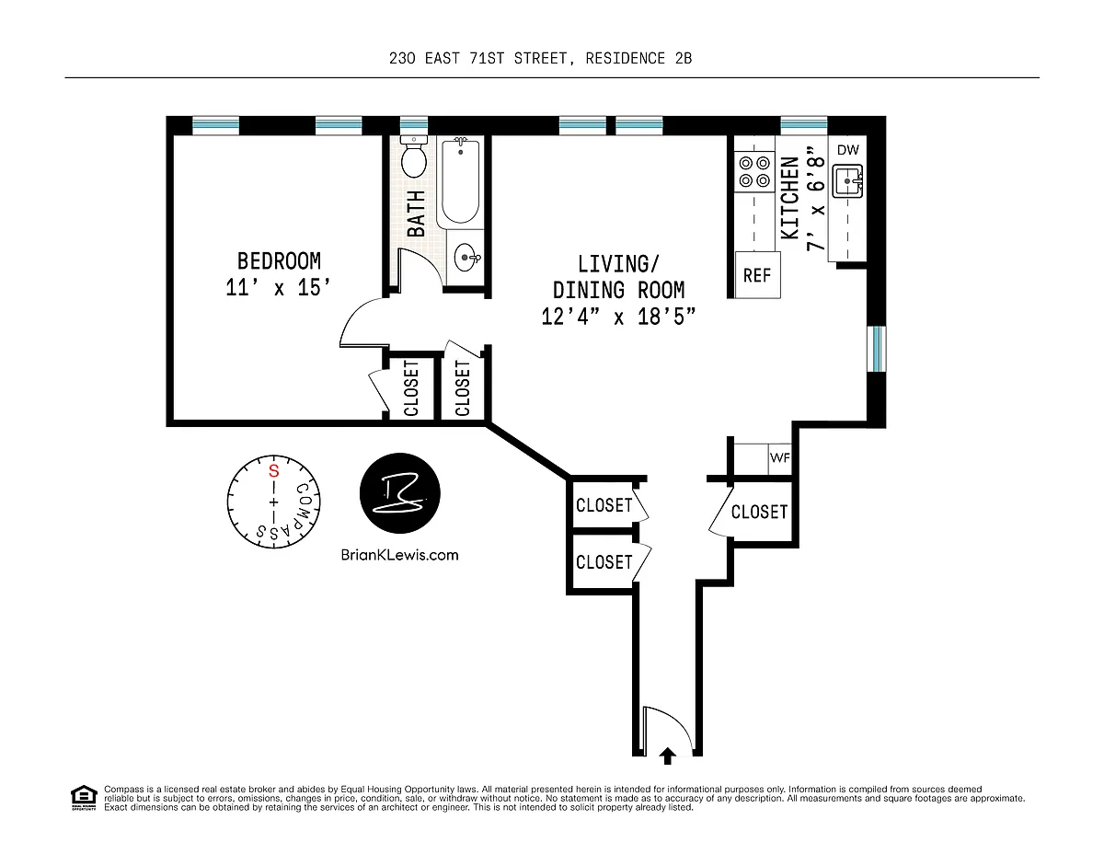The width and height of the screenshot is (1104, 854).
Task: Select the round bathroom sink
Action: (x=466, y=258)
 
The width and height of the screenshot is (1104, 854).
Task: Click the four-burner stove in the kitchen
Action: (x=754, y=172)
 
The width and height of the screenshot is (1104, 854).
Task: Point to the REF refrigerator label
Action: (x=757, y=275)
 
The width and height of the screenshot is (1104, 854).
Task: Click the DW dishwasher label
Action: (x=848, y=150)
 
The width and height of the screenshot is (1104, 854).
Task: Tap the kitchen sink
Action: (x=847, y=180)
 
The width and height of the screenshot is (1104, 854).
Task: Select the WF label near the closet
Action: (x=780, y=457)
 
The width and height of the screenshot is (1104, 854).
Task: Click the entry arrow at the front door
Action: (x=668, y=756)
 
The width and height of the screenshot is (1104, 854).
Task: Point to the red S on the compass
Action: (x=274, y=471)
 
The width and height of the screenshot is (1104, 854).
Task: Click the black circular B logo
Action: (x=400, y=492)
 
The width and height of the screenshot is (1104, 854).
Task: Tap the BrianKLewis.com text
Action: (x=400, y=555)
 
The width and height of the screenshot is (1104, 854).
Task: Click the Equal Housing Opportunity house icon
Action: (x=84, y=798)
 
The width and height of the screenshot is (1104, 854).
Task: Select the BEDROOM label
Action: (x=279, y=261)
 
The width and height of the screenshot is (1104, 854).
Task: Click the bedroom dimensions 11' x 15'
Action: (x=278, y=287)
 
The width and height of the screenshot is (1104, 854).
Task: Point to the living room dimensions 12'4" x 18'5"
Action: (x=618, y=317)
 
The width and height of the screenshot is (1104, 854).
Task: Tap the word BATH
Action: (x=416, y=213)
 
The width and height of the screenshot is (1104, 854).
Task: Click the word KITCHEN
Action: (x=790, y=198)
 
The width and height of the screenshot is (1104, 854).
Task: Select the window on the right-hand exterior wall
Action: (x=877, y=349)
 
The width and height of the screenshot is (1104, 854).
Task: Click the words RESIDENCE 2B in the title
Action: (x=638, y=58)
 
